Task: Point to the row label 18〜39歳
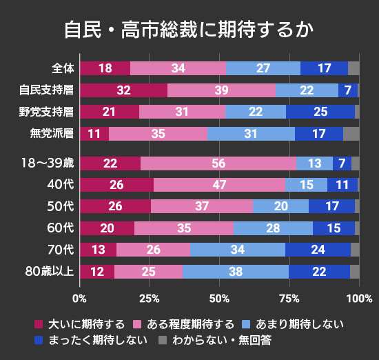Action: [47, 163]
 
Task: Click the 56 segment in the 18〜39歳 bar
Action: [218, 163]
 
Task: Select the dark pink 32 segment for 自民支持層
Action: [123, 90]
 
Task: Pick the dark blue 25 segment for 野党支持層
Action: [320, 112]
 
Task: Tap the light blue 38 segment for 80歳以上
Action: [236, 272]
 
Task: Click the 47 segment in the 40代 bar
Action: [219, 185]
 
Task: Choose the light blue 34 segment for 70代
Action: [237, 250]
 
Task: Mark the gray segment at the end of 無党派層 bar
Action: [351, 134]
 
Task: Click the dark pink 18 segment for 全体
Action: [105, 68]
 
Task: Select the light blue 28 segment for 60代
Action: [273, 228]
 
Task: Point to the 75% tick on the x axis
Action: [289, 298]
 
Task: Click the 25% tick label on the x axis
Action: [150, 298]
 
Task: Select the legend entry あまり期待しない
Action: [289, 323]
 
